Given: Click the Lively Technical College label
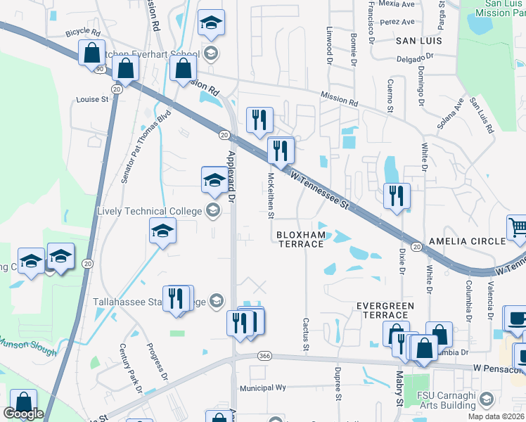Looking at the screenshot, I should (151, 211).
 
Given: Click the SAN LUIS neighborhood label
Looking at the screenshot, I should (418, 41).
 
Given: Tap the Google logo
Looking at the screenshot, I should (23, 414).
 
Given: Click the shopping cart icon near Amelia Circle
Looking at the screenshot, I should (518, 227).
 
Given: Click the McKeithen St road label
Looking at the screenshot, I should (271, 196).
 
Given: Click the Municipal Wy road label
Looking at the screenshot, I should (263, 388).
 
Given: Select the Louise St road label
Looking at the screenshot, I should (92, 100).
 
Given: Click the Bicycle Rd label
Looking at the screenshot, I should (83, 32).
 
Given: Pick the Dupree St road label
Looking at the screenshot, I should (338, 386).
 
